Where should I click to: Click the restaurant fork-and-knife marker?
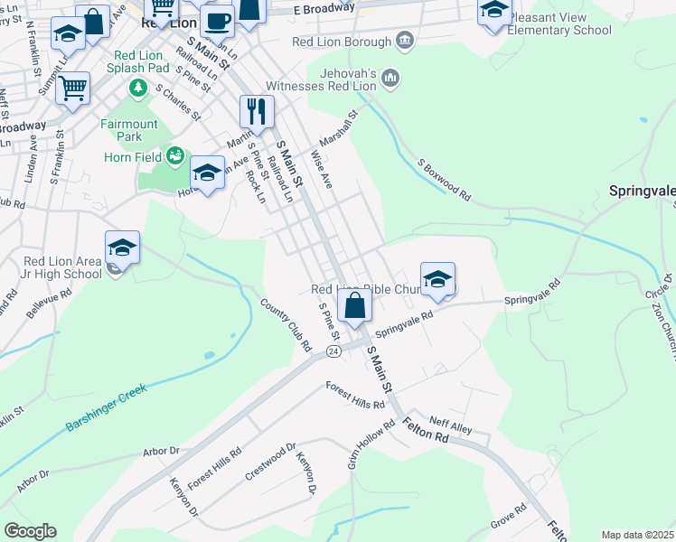258,112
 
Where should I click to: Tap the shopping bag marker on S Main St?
355,306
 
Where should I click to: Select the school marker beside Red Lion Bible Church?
437,279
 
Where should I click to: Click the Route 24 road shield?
333,350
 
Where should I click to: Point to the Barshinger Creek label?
106,406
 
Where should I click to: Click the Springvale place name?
642,192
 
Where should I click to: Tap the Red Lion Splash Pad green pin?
137,88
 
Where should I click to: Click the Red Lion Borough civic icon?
404,41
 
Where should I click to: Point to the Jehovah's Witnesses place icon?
390,78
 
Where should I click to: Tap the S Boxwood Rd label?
444,181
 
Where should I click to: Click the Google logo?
30,531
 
